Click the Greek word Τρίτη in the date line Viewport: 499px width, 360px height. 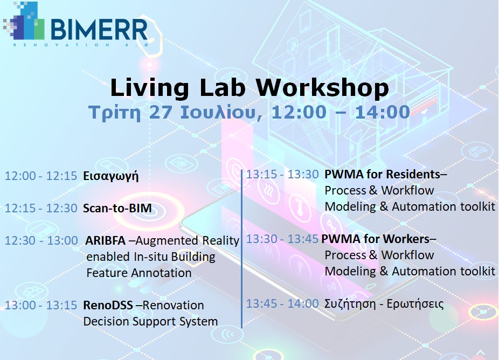point(111,113)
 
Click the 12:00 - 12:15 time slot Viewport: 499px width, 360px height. point(41,176)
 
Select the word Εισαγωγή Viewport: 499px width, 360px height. point(110,176)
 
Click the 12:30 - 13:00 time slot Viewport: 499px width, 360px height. point(41,240)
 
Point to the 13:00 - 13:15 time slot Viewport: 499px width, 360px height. point(41,305)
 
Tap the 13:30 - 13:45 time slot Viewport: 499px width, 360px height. point(282,239)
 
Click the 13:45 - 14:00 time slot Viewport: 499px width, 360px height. point(282,304)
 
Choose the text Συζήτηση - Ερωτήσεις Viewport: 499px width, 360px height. point(384,304)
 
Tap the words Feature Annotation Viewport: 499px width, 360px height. point(138,273)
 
